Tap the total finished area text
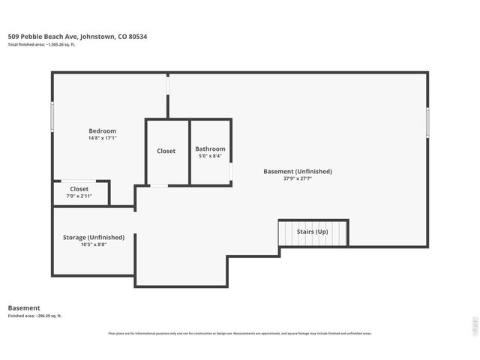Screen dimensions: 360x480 41,45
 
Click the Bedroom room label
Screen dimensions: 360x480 102,131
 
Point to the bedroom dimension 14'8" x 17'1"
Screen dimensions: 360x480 102,138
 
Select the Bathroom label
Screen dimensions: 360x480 210,148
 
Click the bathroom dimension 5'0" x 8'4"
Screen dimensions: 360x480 210,156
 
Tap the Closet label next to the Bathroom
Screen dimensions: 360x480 166,151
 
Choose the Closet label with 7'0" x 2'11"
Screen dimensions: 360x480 79,189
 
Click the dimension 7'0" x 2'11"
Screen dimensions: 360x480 79,196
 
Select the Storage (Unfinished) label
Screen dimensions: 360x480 94,237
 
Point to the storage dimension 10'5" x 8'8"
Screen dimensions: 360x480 94,244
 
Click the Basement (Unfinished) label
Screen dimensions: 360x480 298,171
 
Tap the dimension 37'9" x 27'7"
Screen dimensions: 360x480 298,178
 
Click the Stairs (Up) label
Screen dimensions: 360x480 313,232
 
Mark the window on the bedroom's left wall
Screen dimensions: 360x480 52,118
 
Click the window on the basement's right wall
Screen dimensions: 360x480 427,122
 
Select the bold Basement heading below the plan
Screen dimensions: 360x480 24,307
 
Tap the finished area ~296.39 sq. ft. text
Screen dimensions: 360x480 35,316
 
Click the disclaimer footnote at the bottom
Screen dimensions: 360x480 240,333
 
